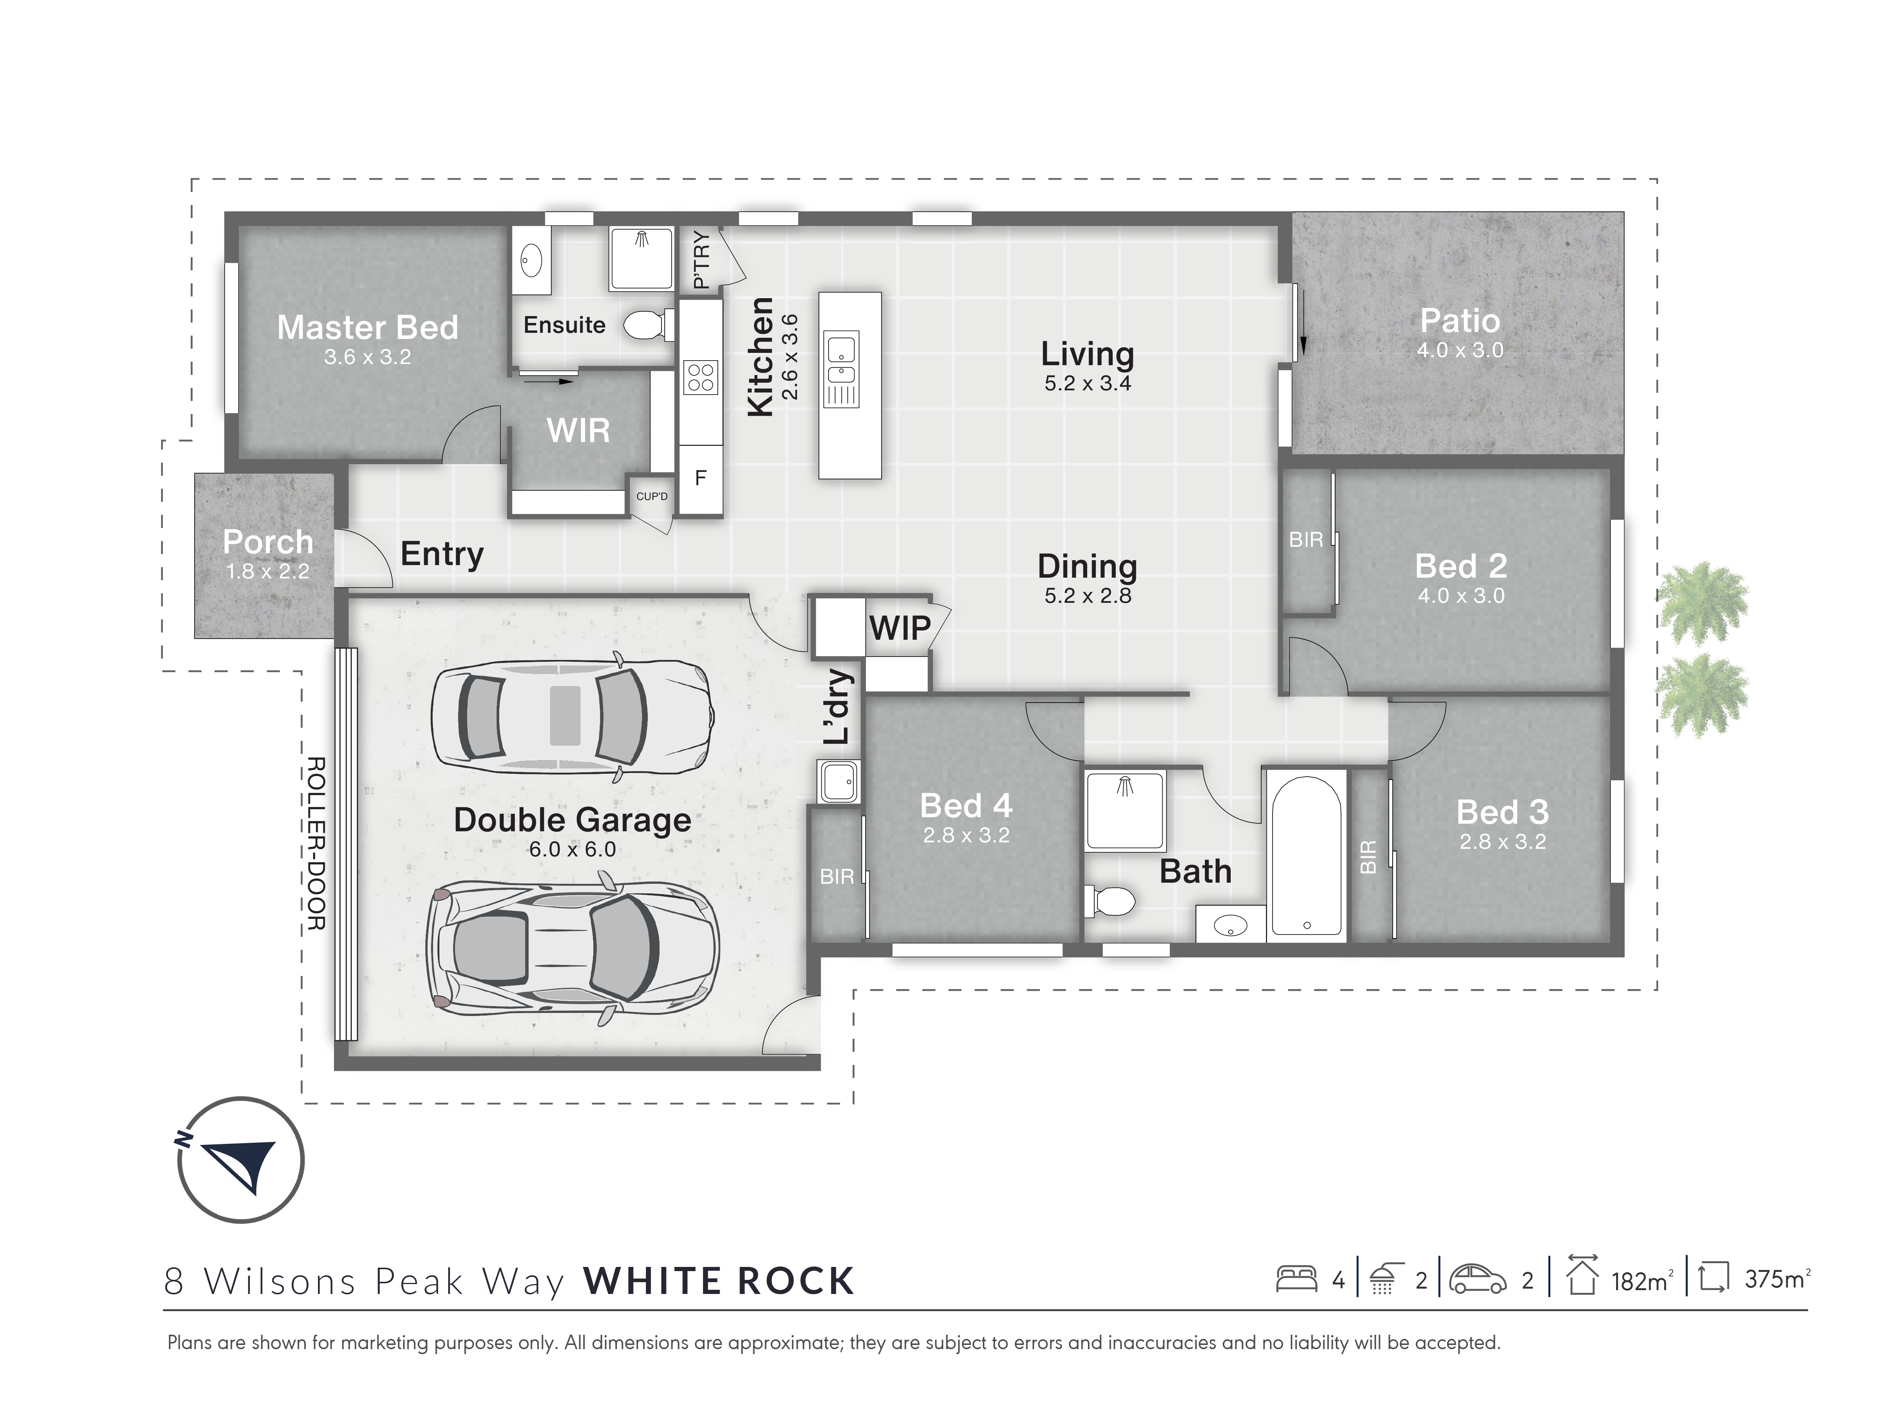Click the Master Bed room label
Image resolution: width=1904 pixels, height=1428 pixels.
[x=367, y=328]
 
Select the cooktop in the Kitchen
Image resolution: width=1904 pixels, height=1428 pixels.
[x=701, y=377]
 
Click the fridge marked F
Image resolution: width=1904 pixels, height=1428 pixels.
[x=701, y=478]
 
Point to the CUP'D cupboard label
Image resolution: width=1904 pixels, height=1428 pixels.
[x=652, y=497]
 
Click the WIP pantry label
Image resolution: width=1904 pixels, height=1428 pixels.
[x=899, y=628]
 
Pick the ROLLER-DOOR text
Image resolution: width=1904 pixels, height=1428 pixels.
[x=316, y=843]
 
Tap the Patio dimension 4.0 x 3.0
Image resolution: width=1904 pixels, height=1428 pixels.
[x=1460, y=350]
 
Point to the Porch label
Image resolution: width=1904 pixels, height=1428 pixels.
[x=268, y=541]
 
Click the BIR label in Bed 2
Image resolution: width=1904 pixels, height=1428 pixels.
[x=1306, y=540]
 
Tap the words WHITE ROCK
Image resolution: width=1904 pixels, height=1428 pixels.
[x=719, y=1281]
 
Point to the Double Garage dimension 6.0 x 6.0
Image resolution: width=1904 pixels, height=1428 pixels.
[x=572, y=850]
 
